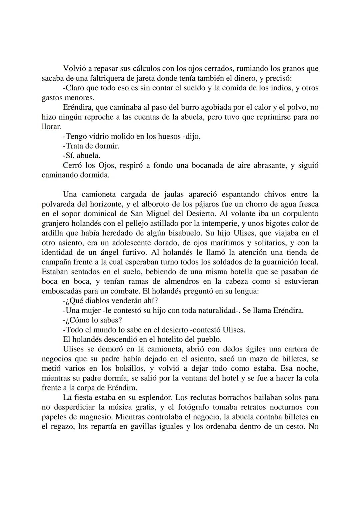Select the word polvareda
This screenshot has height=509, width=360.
58,204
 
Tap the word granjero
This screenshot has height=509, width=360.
57,224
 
